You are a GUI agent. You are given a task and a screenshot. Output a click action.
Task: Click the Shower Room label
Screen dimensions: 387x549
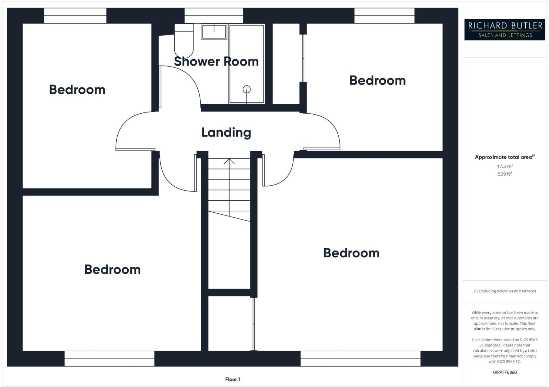(x=216, y=61)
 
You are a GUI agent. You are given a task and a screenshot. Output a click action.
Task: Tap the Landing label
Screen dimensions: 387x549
(x=226, y=132)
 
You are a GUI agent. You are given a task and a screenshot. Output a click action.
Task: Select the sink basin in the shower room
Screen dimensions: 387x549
(x=214, y=32)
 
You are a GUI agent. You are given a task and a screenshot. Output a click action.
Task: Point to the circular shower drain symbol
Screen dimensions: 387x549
(x=246, y=90)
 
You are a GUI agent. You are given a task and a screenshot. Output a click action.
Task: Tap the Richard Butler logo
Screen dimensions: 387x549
(x=504, y=30)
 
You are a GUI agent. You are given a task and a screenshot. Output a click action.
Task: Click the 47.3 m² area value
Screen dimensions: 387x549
(x=504, y=166)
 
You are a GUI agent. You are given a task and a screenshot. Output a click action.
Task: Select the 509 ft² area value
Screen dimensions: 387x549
(x=504, y=174)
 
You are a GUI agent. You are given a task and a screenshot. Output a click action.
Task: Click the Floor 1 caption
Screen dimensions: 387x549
(x=232, y=379)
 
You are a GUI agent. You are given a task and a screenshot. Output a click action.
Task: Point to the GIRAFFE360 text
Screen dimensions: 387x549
(x=504, y=372)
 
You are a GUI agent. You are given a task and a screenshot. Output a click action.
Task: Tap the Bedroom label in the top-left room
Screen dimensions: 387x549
(x=77, y=90)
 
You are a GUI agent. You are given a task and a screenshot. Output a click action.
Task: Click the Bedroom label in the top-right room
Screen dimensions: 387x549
(x=377, y=80)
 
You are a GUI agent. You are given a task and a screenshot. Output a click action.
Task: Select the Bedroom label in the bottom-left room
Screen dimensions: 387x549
(x=112, y=269)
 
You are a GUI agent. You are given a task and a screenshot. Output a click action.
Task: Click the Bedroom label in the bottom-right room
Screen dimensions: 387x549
(x=351, y=253)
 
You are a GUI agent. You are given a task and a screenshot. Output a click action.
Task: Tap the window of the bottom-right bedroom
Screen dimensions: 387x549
(x=360, y=359)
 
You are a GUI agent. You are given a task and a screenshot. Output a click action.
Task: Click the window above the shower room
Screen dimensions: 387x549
(x=214, y=15)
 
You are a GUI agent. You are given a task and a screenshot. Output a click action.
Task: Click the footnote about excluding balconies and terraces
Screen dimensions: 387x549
(x=504, y=291)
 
